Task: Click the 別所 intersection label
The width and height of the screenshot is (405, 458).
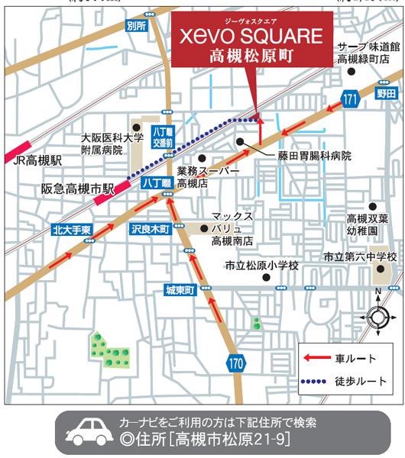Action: point(136,26)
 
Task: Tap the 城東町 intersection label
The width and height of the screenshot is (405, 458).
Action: point(181,290)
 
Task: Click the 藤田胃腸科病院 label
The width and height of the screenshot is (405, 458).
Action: point(314,156)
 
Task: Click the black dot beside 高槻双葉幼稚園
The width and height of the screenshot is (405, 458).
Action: point(373,206)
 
